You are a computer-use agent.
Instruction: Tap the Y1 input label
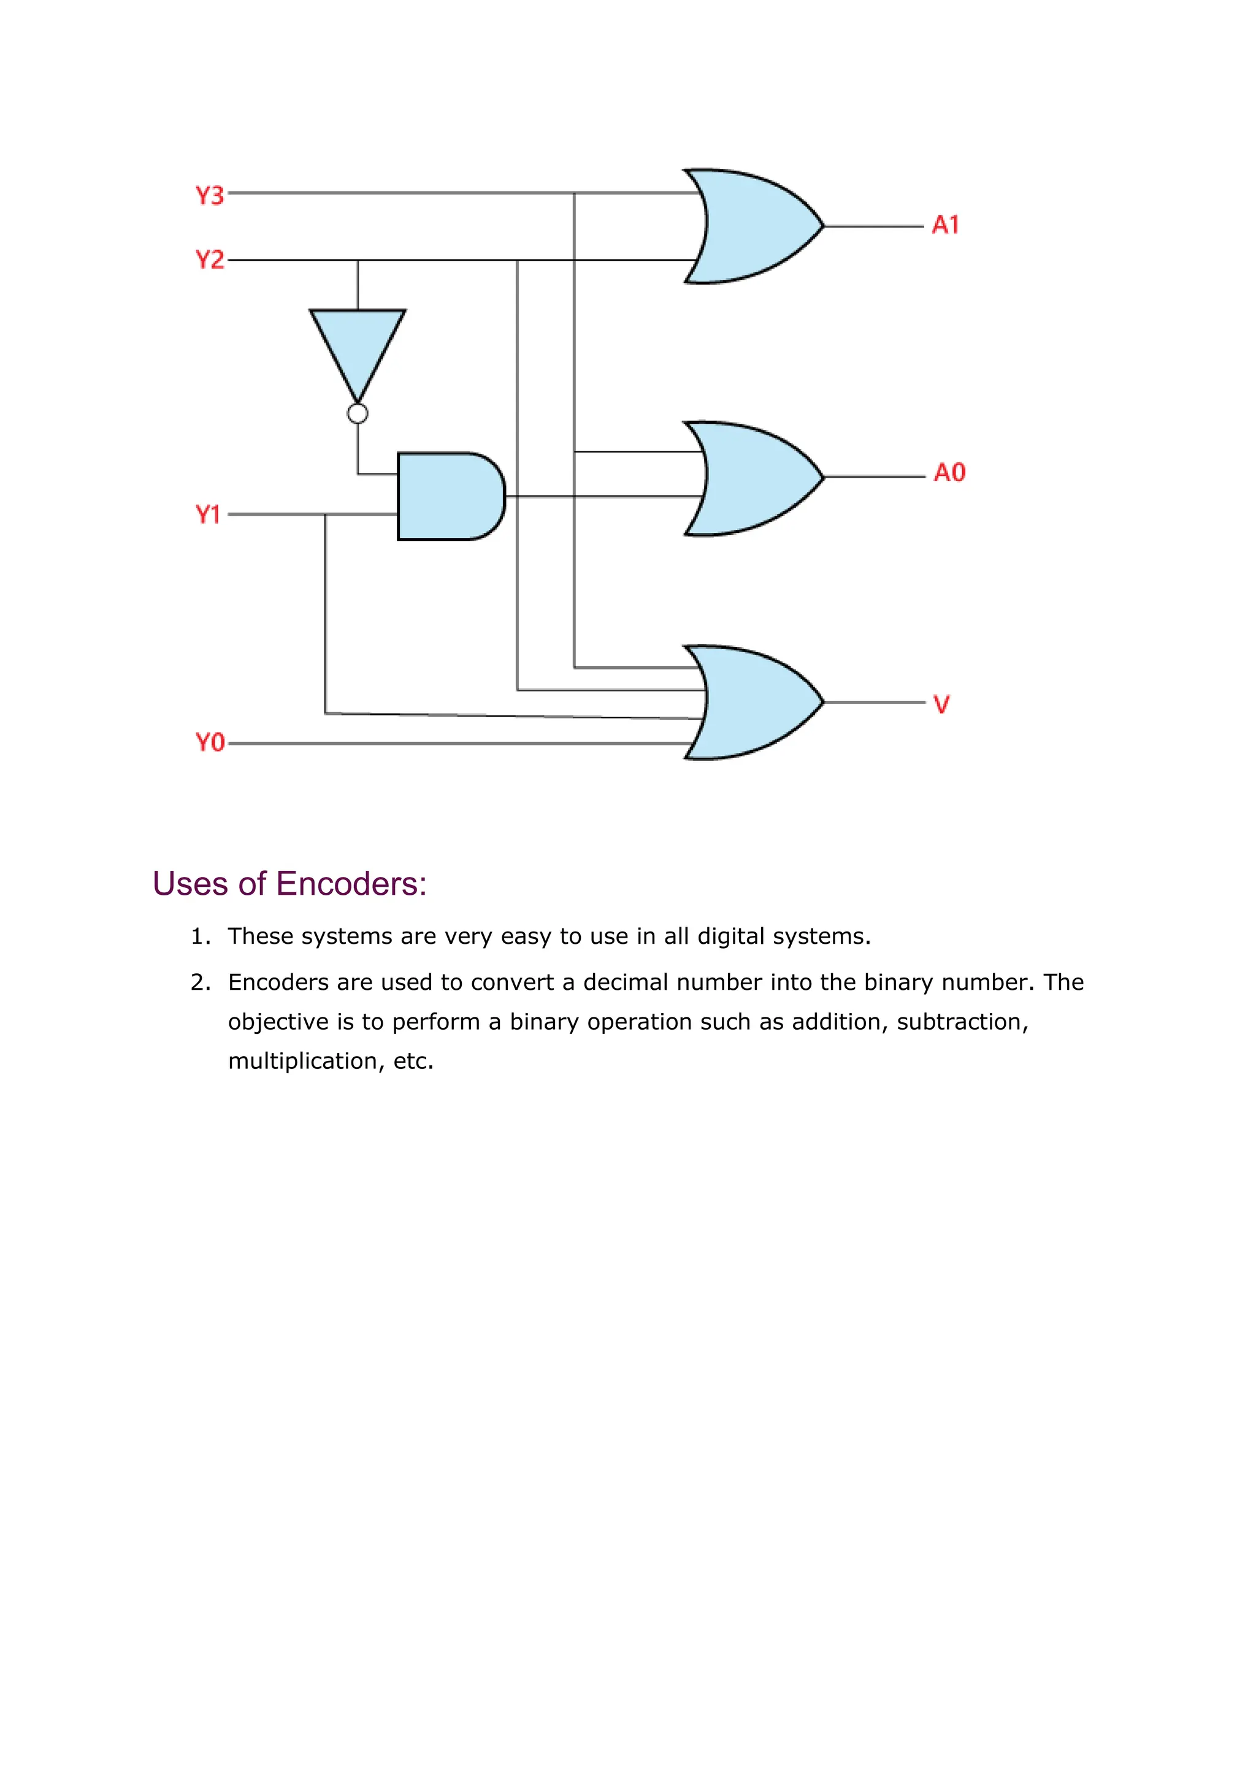[x=208, y=515]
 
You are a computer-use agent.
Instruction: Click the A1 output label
[x=945, y=225]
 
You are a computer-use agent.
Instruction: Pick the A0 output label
[x=950, y=473]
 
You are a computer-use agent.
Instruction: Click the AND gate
[x=448, y=497]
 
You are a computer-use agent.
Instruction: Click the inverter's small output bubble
[x=358, y=414]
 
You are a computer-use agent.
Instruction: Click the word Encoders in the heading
[x=351, y=884]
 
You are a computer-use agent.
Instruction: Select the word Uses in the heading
[x=190, y=884]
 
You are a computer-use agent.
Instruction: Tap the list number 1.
[x=199, y=936]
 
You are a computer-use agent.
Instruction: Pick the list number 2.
[x=199, y=982]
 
